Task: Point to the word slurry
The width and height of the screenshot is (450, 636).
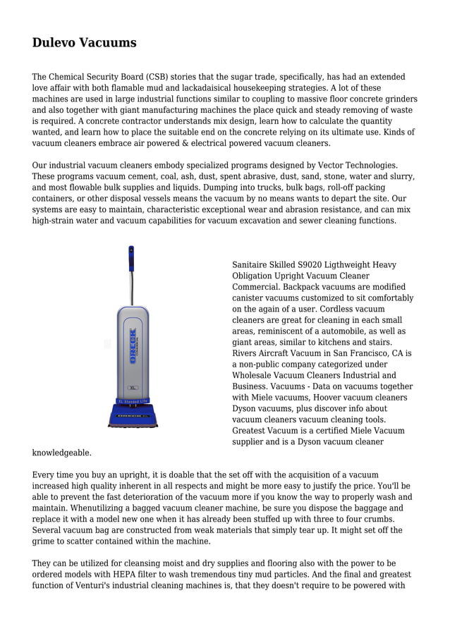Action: click(x=401, y=176)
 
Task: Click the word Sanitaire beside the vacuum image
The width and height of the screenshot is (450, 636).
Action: click(x=252, y=265)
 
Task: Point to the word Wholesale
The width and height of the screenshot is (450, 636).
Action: click(x=253, y=375)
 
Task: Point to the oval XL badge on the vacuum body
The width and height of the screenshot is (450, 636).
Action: click(x=132, y=388)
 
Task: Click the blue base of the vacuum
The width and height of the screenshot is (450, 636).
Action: click(x=133, y=415)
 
